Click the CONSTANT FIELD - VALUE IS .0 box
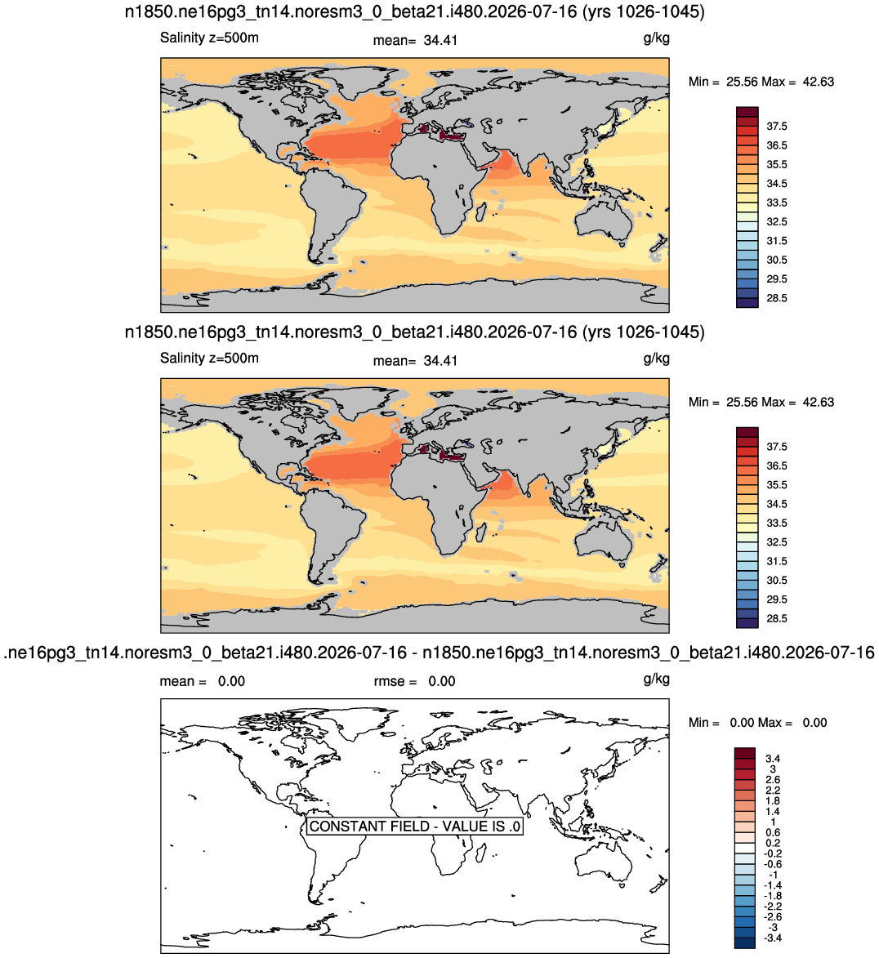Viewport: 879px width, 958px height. tap(414, 826)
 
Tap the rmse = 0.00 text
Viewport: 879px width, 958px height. tap(414, 681)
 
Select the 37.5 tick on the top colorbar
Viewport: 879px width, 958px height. tap(777, 127)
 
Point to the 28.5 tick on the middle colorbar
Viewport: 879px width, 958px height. tap(777, 618)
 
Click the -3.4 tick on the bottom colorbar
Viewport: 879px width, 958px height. tap(773, 938)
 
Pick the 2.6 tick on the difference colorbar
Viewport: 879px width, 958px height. tap(773, 780)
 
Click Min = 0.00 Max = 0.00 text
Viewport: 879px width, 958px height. tap(757, 723)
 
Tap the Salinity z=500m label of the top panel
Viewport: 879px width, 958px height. tap(209, 38)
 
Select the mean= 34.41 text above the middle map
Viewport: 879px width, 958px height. tap(415, 361)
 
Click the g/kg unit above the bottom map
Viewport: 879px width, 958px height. tap(657, 679)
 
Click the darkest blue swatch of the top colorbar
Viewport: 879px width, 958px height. tap(747, 302)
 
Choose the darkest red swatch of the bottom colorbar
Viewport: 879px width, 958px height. tap(745, 753)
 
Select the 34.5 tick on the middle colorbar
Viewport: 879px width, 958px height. tap(777, 504)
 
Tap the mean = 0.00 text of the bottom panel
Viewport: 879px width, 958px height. tap(203, 681)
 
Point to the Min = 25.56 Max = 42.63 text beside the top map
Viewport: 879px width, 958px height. tap(761, 82)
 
